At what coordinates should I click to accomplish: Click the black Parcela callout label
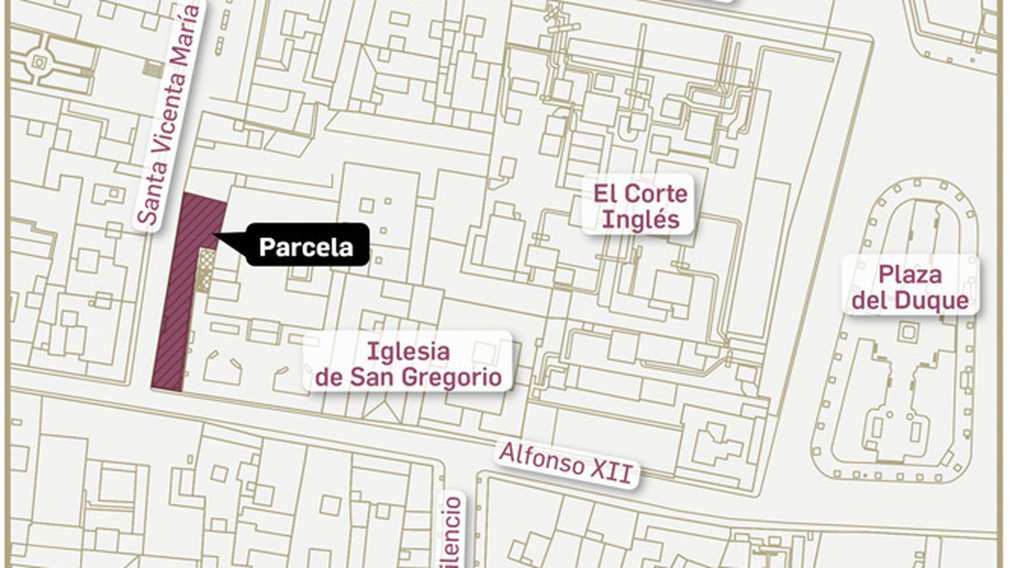pos(306,246)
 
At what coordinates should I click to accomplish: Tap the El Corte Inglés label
pos(639,206)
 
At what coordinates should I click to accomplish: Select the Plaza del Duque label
pos(910,287)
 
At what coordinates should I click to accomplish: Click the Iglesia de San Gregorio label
pos(408,364)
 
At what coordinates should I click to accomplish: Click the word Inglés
pos(640,220)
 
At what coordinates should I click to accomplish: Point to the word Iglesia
pos(408,351)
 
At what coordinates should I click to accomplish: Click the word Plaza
pos(910,275)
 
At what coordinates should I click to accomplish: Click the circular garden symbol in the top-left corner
pos(40,62)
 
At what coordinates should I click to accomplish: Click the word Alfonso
pos(540,458)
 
